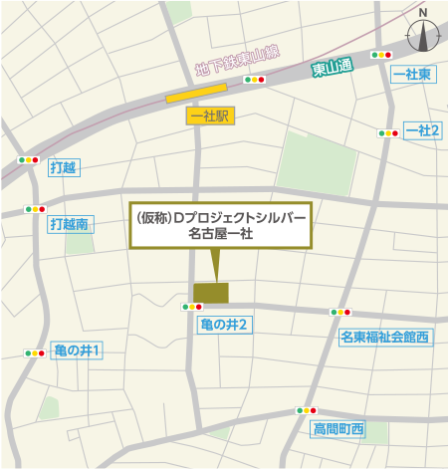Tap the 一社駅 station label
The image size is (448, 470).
208,117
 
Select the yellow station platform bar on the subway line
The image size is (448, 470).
195,96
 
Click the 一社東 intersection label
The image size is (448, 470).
412,74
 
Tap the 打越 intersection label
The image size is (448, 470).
63,167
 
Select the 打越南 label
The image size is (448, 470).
69,225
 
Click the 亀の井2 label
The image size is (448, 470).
223,324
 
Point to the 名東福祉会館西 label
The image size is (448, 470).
383,338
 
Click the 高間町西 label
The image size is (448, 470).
339,429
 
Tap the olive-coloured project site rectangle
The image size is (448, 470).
210,292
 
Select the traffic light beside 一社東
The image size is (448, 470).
380,56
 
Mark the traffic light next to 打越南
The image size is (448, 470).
35,209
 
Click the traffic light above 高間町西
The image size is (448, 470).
305,410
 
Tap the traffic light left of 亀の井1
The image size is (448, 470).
35,352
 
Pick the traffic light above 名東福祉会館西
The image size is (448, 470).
339,313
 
